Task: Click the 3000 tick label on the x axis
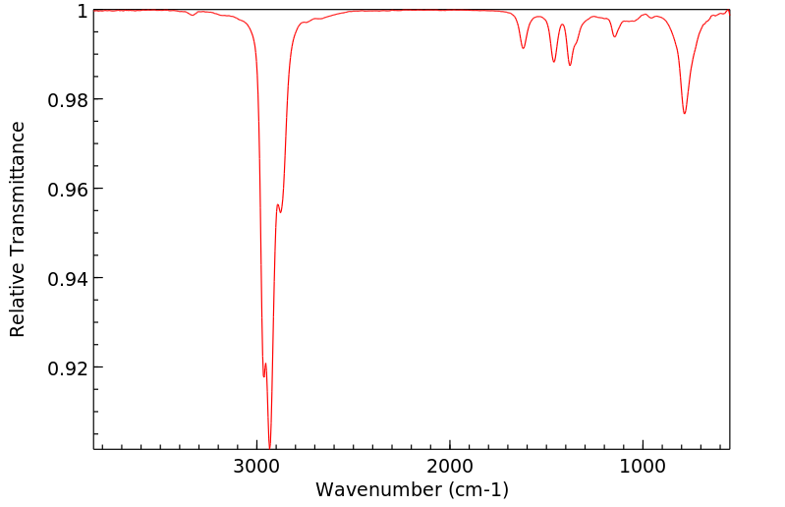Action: pyautogui.click(x=257, y=465)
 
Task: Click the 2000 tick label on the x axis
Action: pyautogui.click(x=450, y=465)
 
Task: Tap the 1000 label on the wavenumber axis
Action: pyautogui.click(x=643, y=465)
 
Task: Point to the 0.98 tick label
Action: pyautogui.click(x=68, y=100)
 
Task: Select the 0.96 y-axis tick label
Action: pyautogui.click(x=68, y=189)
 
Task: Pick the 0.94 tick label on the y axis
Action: pyautogui.click(x=68, y=278)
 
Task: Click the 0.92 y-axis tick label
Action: pyautogui.click(x=68, y=367)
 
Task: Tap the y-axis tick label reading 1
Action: pyautogui.click(x=83, y=11)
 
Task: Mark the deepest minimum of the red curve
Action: pyautogui.click(x=269, y=447)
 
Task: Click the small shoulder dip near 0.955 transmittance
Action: pyautogui.click(x=280, y=211)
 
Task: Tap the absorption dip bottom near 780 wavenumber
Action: pyautogui.click(x=685, y=113)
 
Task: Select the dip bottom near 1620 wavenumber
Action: pyautogui.click(x=524, y=48)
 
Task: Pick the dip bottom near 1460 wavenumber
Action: pyautogui.click(x=554, y=62)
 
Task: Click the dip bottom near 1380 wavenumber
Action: pyautogui.click(x=570, y=65)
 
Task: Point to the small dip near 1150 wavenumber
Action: pyautogui.click(x=614, y=36)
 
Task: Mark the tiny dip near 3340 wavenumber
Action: pyautogui.click(x=193, y=15)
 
